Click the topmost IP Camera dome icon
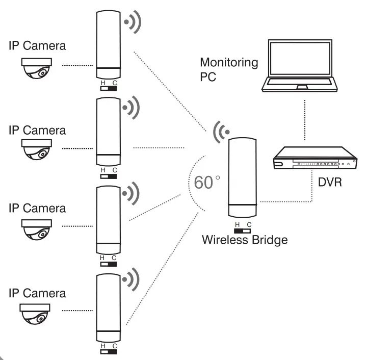(x=36, y=68)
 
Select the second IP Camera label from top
(x=37, y=130)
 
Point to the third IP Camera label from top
(x=37, y=208)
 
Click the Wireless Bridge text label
(x=245, y=239)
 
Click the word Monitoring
(x=229, y=63)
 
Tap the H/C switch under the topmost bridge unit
(x=109, y=88)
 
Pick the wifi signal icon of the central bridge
(x=220, y=131)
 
